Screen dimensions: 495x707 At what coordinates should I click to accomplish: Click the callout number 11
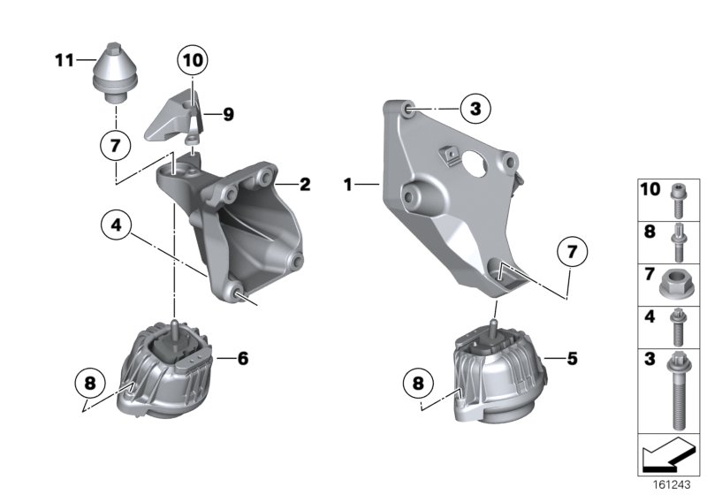[x=62, y=60]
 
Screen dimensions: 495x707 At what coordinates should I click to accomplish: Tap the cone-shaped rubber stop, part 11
[x=115, y=68]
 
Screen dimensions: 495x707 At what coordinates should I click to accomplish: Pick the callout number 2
[x=304, y=185]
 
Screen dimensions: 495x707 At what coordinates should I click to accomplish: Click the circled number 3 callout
[x=475, y=110]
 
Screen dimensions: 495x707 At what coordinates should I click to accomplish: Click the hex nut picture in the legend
[x=677, y=284]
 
